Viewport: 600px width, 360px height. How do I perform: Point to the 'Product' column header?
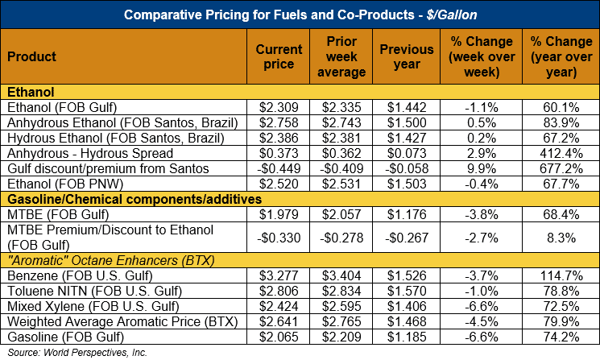[x=31, y=57]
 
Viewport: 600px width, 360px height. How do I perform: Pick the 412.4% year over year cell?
[x=554, y=153]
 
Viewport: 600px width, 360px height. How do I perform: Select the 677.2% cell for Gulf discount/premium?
[x=554, y=168]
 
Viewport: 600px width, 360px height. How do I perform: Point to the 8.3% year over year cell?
[x=554, y=238]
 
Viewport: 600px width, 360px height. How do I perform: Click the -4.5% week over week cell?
[x=483, y=322]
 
